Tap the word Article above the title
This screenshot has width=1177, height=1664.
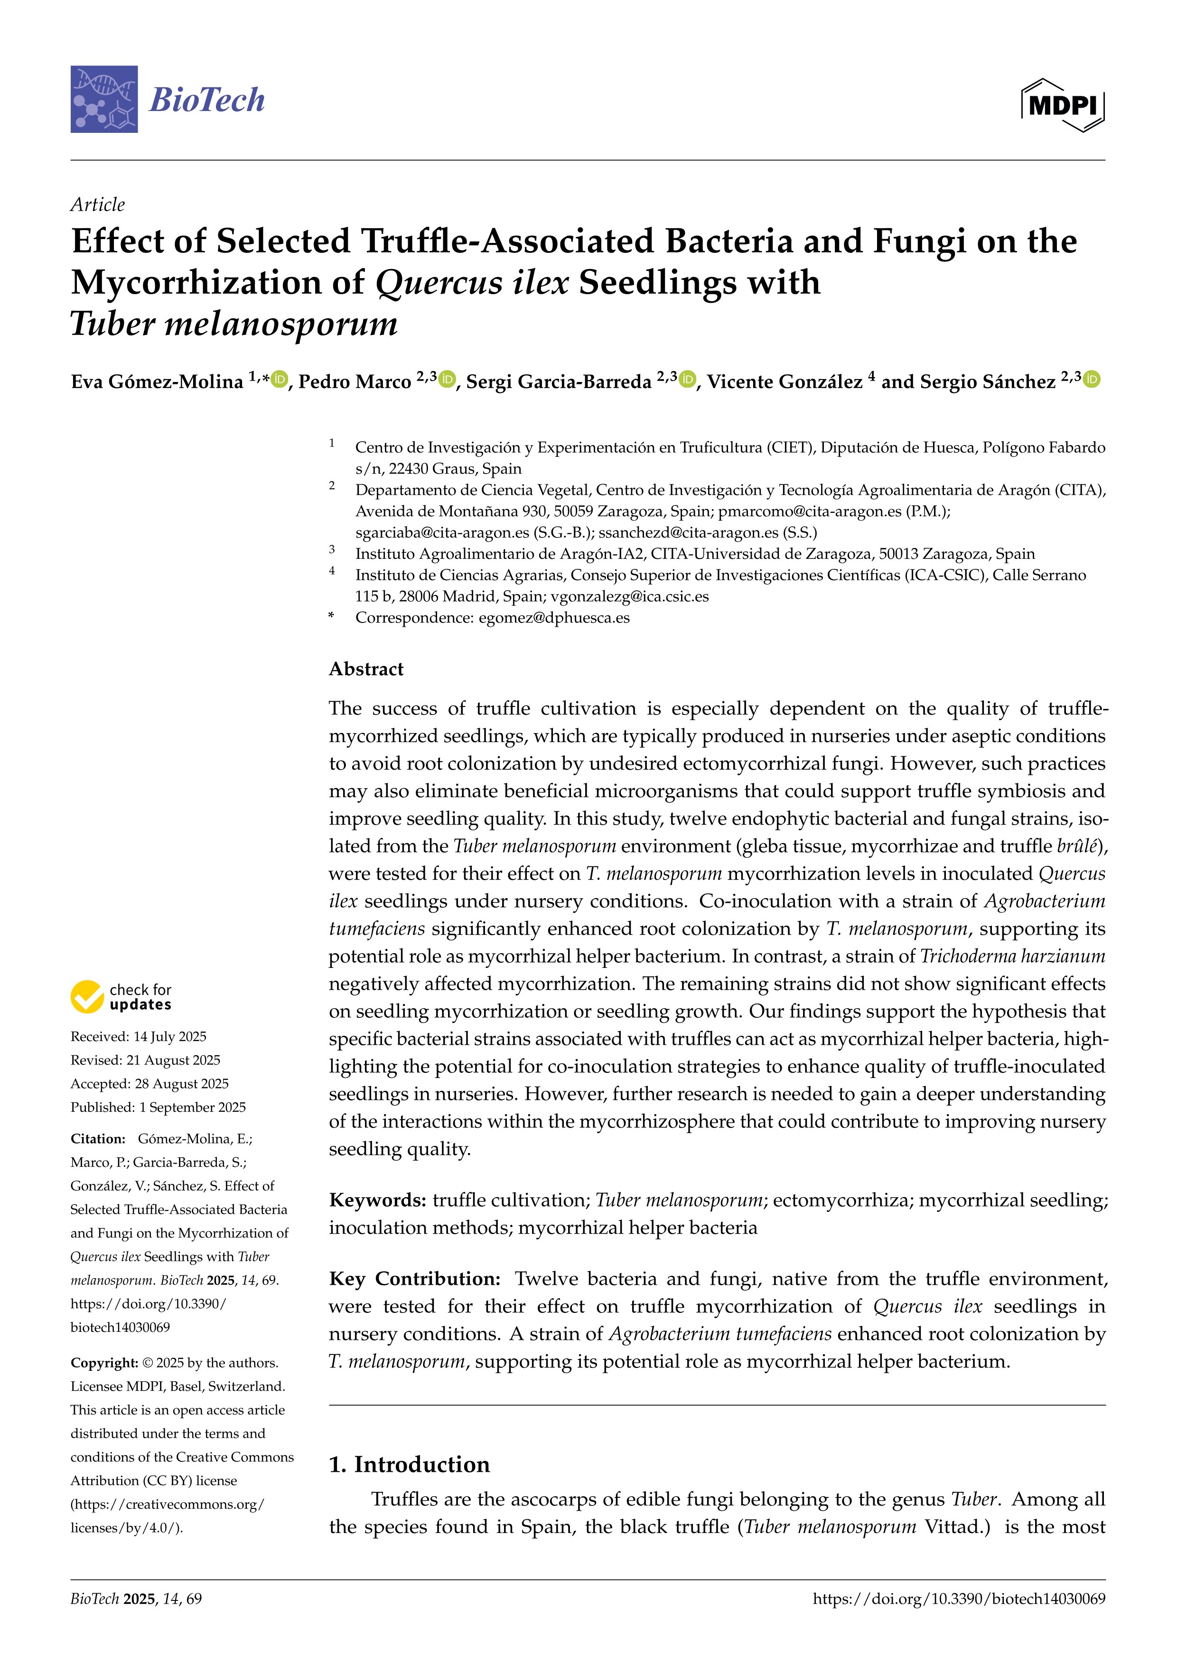click(x=98, y=205)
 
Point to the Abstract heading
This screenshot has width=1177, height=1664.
click(x=366, y=669)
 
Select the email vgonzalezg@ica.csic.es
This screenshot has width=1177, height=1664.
click(x=629, y=596)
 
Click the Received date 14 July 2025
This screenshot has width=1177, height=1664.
click(x=139, y=1036)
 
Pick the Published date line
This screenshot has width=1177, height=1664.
click(x=158, y=1107)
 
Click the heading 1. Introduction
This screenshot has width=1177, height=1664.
click(x=410, y=1465)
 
